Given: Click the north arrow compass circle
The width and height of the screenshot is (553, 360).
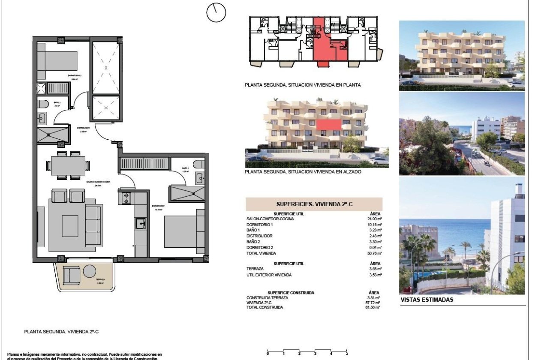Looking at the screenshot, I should click(216, 12).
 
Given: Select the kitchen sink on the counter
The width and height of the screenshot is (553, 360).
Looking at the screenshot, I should click(140, 223).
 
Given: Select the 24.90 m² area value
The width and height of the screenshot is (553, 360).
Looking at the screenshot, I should click(374, 219).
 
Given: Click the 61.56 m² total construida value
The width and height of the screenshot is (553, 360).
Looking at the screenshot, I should click(373, 308).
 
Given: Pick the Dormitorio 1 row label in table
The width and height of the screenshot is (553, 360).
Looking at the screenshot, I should click(259, 225).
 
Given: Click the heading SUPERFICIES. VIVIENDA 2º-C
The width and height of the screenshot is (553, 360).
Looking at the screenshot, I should click(314, 204).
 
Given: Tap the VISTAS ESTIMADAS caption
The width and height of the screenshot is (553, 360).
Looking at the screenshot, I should click(427, 300).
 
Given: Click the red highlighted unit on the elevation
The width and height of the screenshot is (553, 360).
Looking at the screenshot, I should click(329, 124).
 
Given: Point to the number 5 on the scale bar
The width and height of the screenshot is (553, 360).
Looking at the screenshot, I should click(347, 354).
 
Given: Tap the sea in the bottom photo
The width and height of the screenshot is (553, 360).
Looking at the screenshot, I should click(450, 231).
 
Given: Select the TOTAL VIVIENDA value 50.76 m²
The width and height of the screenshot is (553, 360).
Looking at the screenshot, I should click(374, 253).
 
